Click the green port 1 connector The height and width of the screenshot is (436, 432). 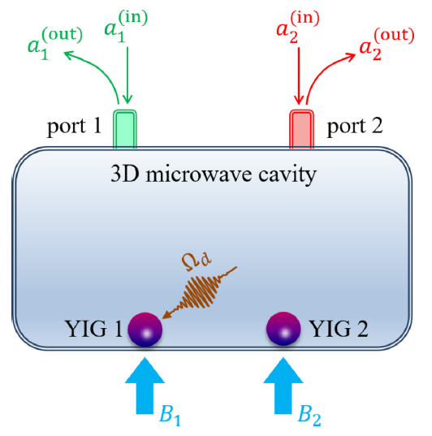coord(124,128)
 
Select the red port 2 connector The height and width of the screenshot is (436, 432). coord(302,128)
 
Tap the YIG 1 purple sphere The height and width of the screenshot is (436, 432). coord(145,330)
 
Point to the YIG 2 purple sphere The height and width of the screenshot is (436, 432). coord(283,329)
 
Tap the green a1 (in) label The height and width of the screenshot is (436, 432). coord(126,28)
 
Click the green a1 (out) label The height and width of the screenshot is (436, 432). coord(55,43)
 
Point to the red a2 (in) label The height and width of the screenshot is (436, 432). coord(298,28)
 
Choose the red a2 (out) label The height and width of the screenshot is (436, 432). coord(387,44)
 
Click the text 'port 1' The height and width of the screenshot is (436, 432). coord(74,127)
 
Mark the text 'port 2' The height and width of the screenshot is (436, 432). coord(355,127)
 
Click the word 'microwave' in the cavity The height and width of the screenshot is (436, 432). coord(200,175)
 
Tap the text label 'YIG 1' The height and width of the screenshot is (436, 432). coord(93,329)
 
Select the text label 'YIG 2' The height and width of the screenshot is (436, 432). coord(339,329)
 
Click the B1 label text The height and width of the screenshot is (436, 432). coord(170,416)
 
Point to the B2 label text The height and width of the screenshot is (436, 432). coord(309,416)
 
